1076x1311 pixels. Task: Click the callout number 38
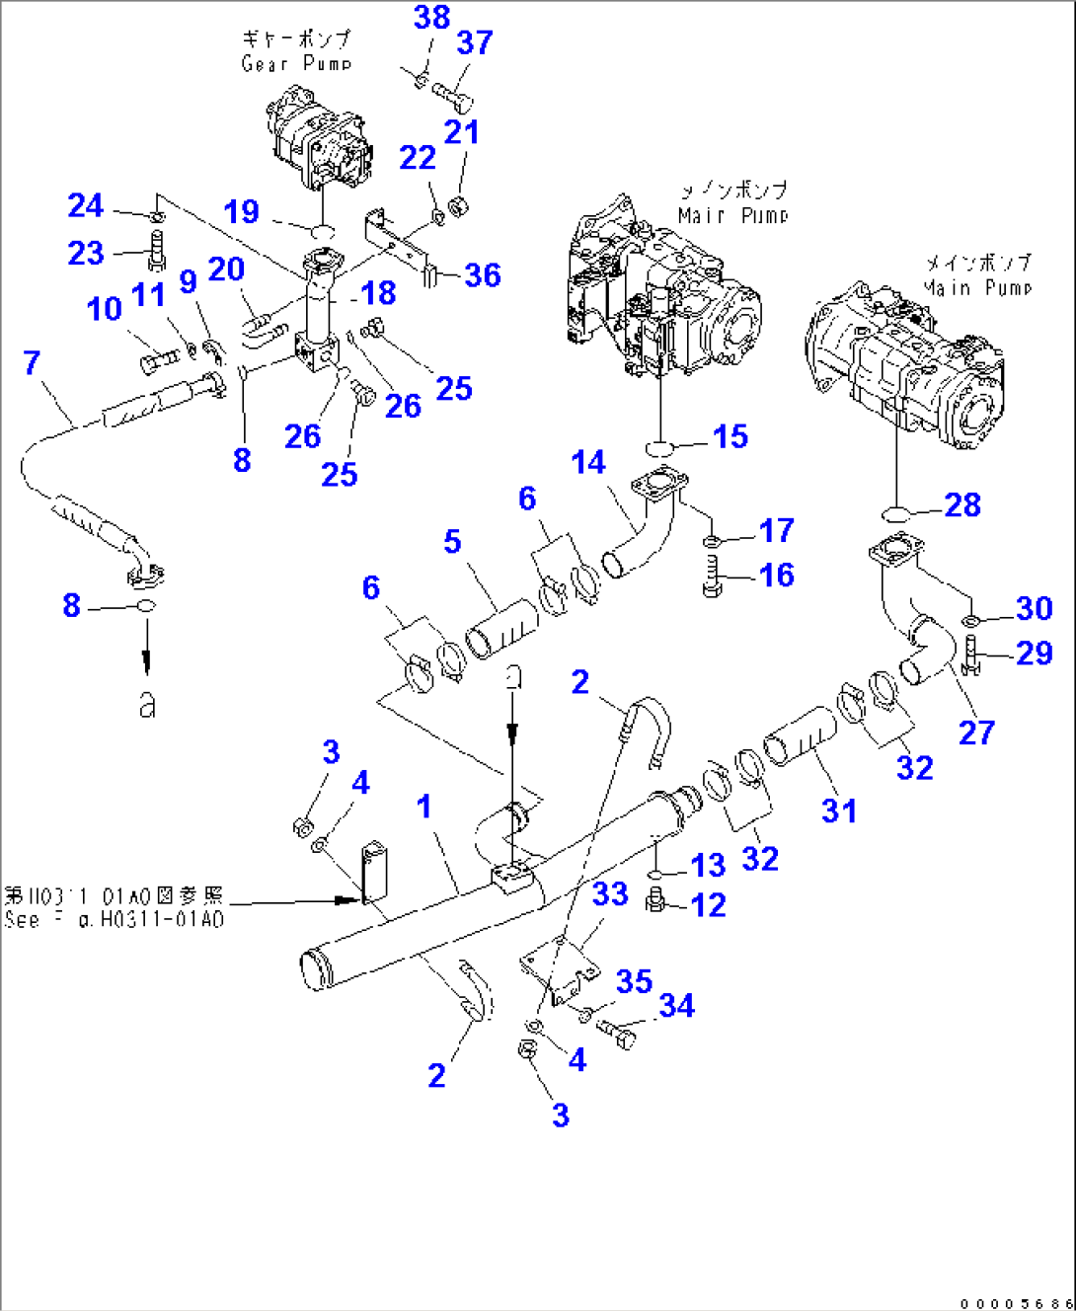point(432,18)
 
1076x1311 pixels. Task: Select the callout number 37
point(475,43)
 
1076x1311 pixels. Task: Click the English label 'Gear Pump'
point(296,63)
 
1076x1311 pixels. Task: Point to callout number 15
point(730,436)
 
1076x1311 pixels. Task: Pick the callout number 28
point(962,505)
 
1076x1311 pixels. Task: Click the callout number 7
point(32,363)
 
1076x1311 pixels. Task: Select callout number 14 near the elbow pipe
point(588,462)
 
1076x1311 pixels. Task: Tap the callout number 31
point(839,810)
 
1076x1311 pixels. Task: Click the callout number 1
point(424,807)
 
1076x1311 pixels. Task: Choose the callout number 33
point(610,894)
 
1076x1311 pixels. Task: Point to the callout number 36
point(483,275)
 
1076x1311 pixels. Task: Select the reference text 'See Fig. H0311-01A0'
point(114,919)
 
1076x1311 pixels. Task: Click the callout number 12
point(709,905)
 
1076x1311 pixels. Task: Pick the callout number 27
point(976,733)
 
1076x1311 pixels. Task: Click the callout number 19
point(242,211)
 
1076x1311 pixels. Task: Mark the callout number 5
point(452,541)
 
